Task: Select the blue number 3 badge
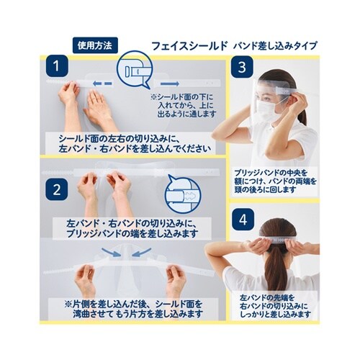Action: [243, 68]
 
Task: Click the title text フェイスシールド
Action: [189, 45]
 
